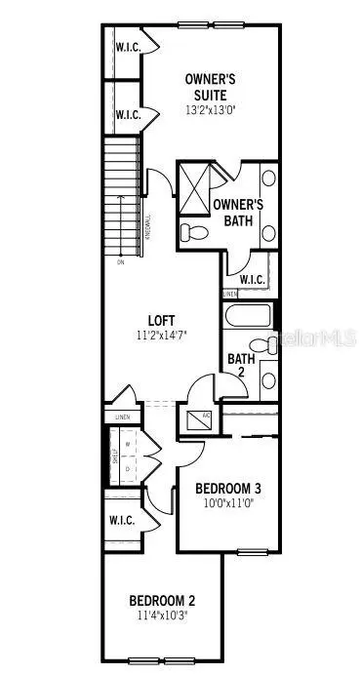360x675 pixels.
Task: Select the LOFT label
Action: (161, 319)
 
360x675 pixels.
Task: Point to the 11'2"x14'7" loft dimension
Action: (161, 335)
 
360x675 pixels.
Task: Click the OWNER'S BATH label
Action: (238, 212)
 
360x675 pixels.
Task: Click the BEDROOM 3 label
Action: (226, 489)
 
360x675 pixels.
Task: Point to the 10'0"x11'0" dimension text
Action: (226, 504)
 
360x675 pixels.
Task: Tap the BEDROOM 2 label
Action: (164, 601)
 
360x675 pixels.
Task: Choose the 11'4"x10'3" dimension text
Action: (164, 615)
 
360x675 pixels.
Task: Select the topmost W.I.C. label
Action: (129, 48)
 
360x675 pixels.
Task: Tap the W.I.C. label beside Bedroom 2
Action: (122, 520)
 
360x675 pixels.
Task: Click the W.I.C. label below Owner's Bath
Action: (252, 280)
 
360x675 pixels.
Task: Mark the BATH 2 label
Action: (241, 366)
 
